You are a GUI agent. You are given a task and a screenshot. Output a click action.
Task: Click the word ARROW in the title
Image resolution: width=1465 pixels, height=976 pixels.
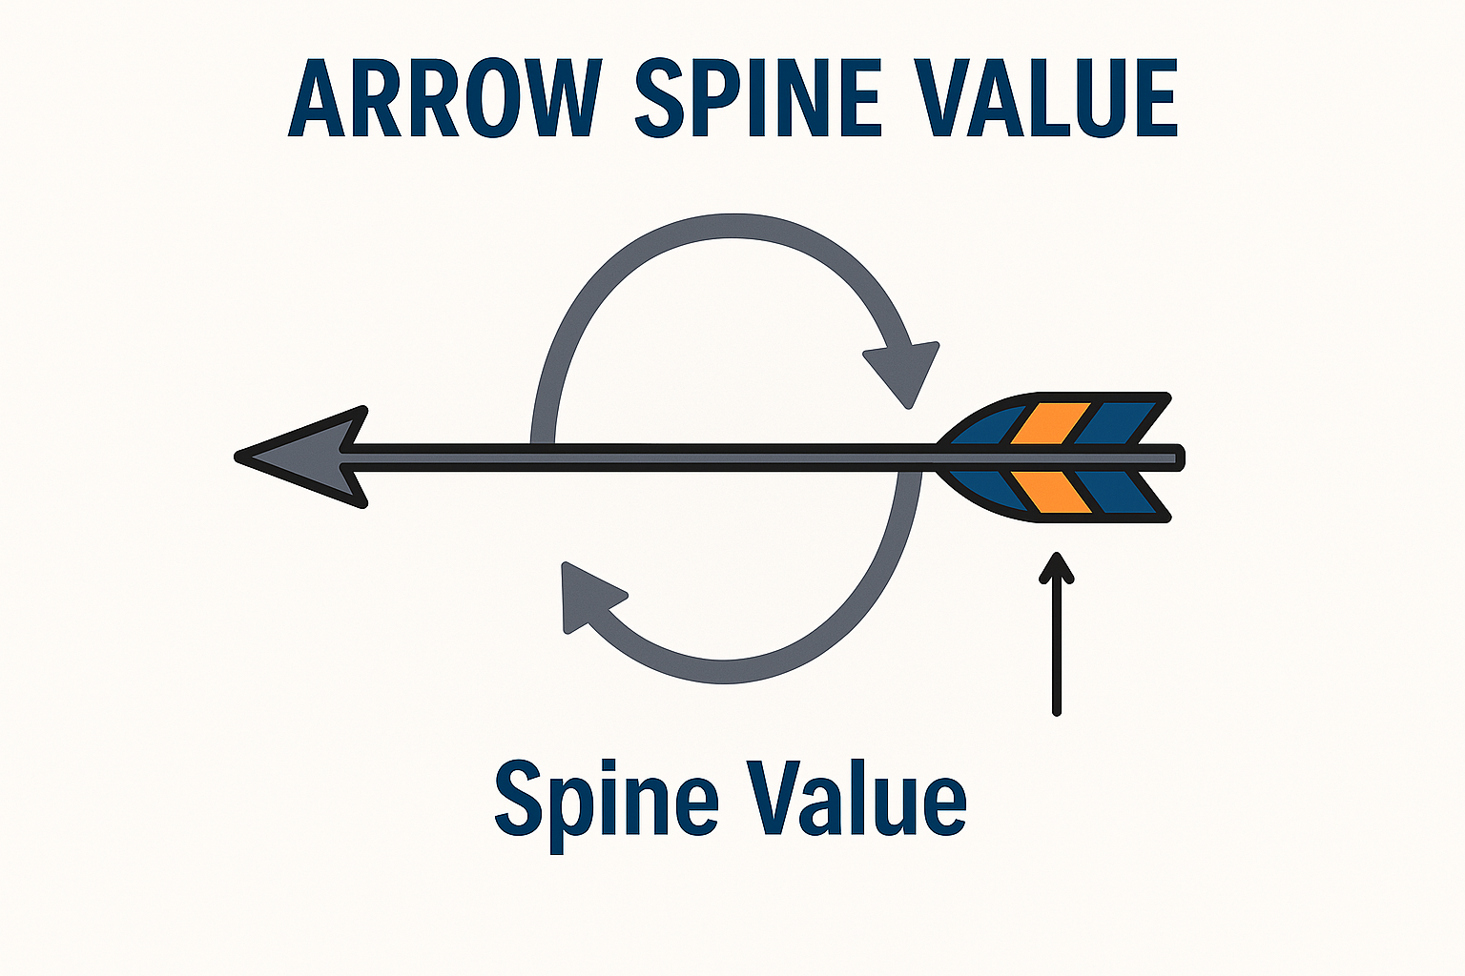click(444, 98)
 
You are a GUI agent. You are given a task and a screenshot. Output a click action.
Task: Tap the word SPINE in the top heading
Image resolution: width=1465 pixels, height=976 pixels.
click(758, 98)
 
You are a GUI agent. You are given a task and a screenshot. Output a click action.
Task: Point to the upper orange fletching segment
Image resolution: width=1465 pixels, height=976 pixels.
click(1049, 422)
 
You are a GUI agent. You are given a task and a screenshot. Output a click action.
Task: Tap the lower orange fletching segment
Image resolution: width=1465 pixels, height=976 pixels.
click(1049, 494)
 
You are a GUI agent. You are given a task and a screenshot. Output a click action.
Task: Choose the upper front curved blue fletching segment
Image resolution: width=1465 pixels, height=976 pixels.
click(987, 427)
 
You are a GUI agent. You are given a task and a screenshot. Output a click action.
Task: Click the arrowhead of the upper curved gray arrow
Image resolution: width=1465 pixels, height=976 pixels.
click(904, 370)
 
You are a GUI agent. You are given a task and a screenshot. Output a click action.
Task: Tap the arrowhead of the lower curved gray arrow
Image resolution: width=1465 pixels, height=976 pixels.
click(586, 597)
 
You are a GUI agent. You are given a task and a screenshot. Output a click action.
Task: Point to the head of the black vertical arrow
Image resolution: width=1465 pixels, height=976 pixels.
click(1056, 567)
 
